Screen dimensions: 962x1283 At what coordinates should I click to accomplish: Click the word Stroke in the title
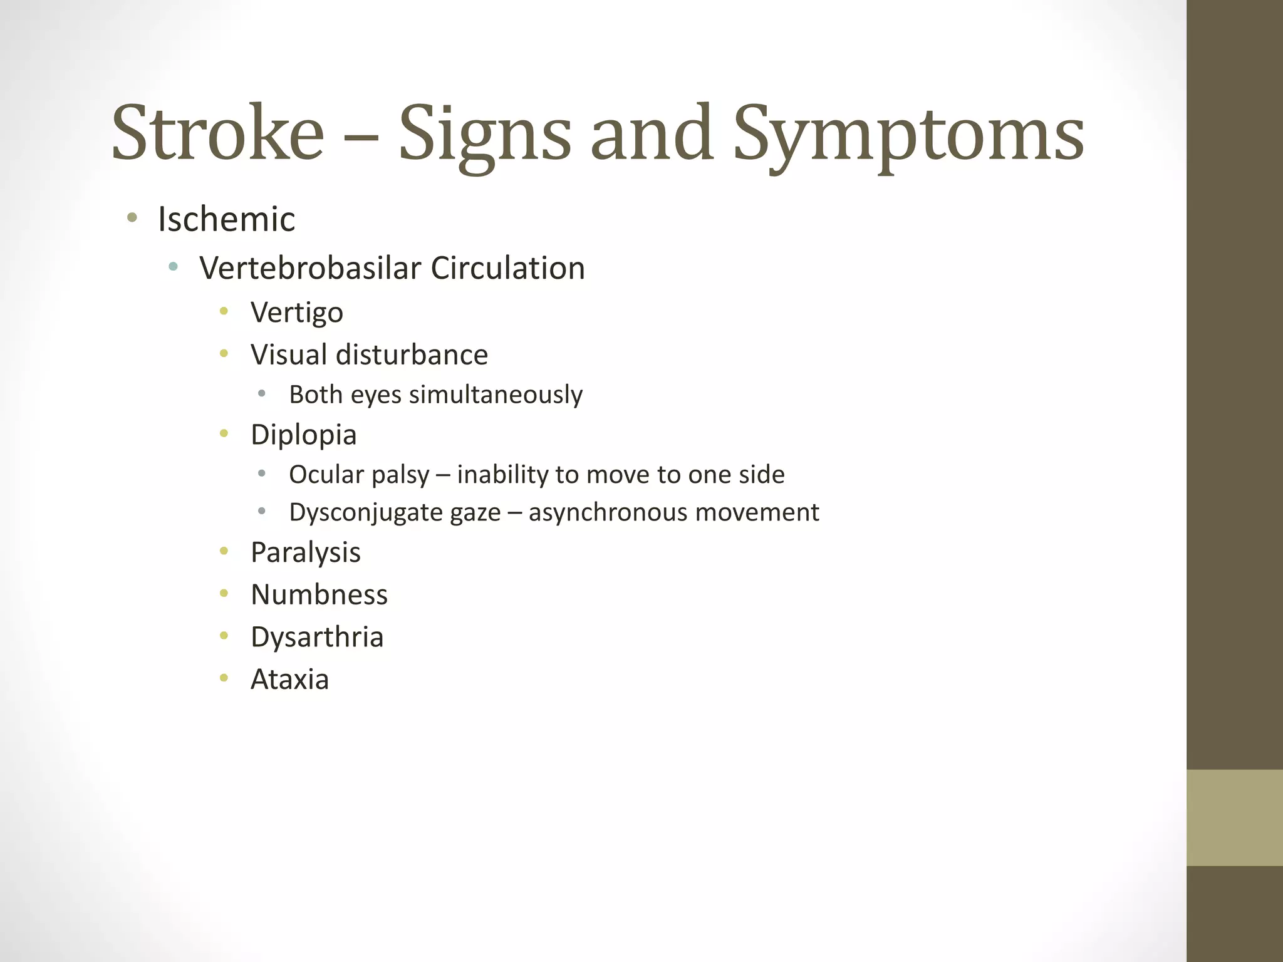[x=217, y=133]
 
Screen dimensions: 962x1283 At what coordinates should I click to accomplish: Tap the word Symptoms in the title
[x=908, y=135]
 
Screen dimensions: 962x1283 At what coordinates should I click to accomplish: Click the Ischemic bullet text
[x=226, y=219]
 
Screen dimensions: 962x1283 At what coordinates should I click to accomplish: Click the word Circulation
[x=507, y=268]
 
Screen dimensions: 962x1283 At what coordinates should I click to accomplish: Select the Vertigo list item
[x=297, y=313]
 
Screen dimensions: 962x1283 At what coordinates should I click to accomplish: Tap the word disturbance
[x=412, y=354]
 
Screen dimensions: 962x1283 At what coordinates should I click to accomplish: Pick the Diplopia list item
[x=303, y=435]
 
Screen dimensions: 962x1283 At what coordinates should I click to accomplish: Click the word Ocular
[x=326, y=475]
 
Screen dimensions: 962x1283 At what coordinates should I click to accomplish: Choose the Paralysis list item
[x=306, y=552]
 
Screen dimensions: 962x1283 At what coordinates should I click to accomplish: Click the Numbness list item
[x=319, y=594]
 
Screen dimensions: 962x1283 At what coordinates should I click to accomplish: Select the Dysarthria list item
[x=317, y=637]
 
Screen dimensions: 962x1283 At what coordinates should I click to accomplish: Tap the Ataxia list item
[x=289, y=679]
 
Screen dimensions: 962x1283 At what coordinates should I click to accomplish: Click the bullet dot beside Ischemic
[x=132, y=218]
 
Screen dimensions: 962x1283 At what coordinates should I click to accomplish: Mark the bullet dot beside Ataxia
[x=224, y=677]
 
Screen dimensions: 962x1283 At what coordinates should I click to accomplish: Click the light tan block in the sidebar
[x=1234, y=817]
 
